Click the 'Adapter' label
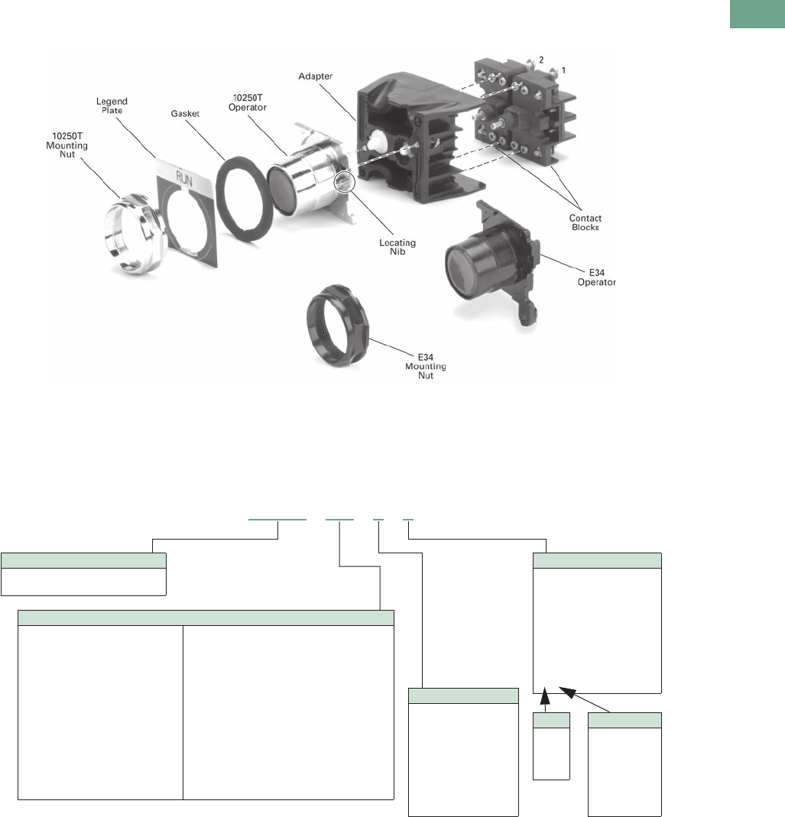coord(316,76)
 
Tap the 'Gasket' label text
coord(185,114)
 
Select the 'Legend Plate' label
coord(112,105)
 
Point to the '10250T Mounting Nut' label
coord(66,145)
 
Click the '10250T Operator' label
coord(248,102)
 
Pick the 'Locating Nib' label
coord(397,247)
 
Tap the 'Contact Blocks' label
coord(585,222)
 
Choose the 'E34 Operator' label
coord(596,277)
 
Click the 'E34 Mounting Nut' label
coord(425,366)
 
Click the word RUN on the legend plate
coord(184,180)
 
